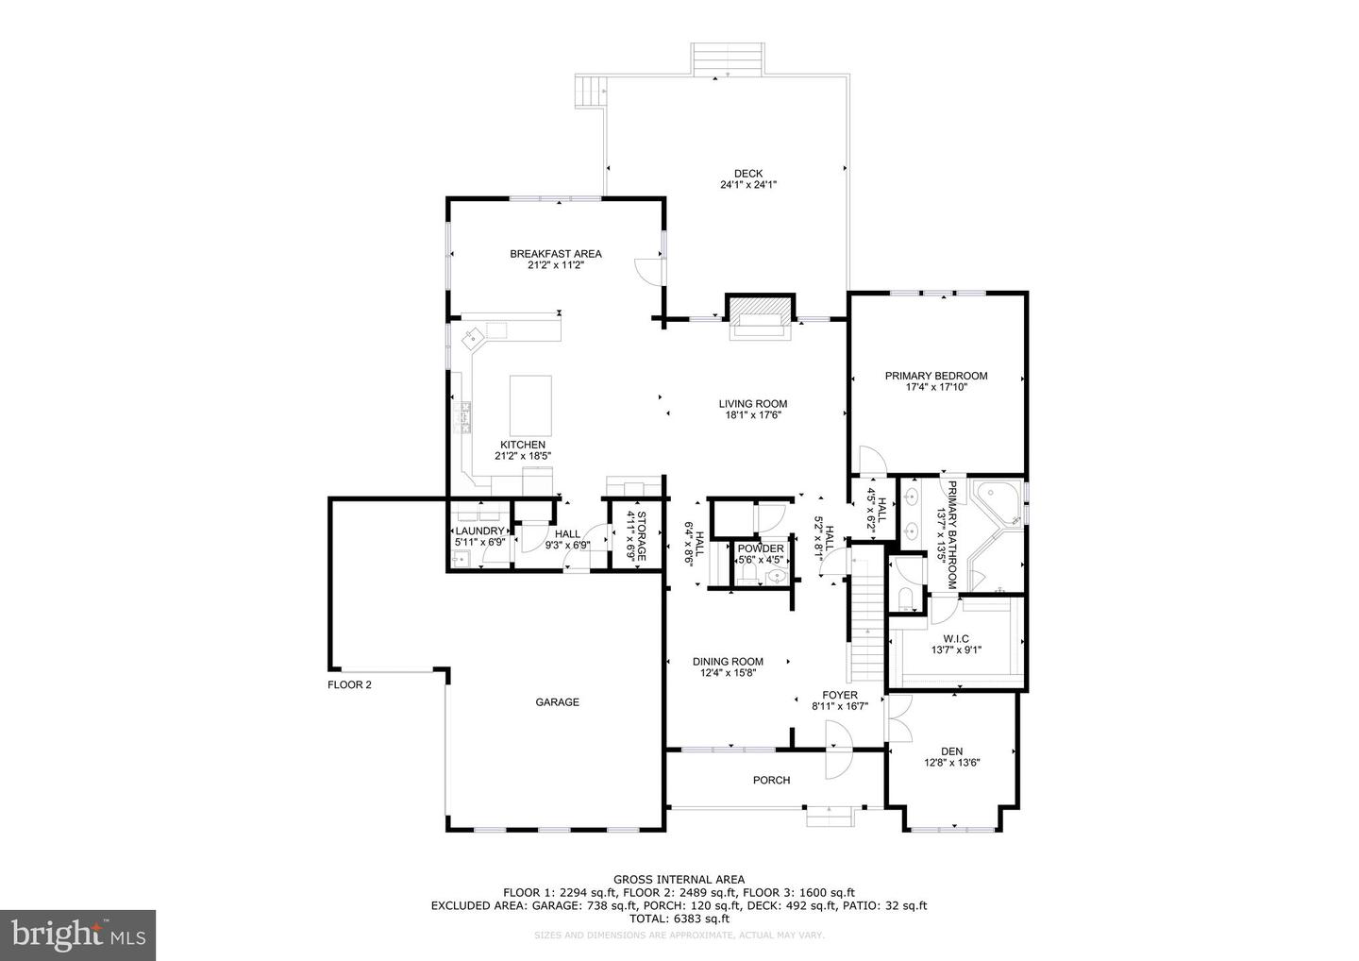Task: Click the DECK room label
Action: click(747, 173)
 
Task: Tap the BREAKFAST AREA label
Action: click(555, 254)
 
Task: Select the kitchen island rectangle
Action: click(530, 404)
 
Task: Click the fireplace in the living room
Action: click(759, 314)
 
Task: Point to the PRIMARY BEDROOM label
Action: click(935, 376)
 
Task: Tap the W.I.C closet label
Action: click(955, 639)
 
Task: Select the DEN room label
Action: click(951, 751)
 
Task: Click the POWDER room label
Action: click(761, 548)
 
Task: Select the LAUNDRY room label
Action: click(479, 531)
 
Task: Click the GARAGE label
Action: click(557, 702)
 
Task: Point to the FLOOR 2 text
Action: click(349, 685)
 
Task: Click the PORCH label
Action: click(771, 780)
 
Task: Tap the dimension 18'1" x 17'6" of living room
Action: click(753, 415)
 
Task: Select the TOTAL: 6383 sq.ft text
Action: click(679, 919)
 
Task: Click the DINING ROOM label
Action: click(728, 662)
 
